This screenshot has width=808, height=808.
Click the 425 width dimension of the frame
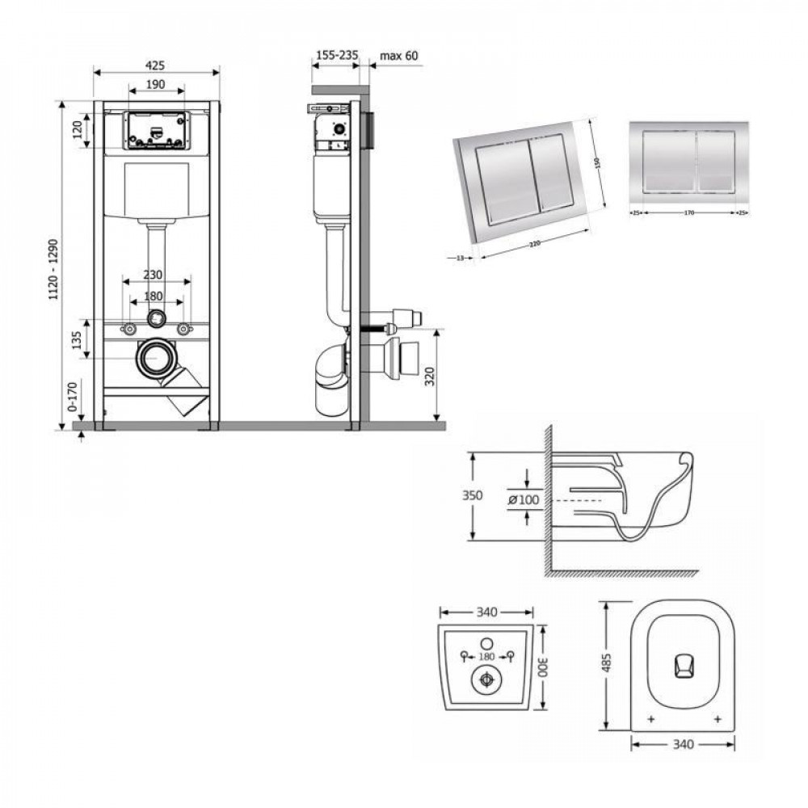click(157, 64)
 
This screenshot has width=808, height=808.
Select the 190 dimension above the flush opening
click(157, 84)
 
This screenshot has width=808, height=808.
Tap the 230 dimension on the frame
click(156, 275)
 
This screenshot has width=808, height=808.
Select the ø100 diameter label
click(524, 500)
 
